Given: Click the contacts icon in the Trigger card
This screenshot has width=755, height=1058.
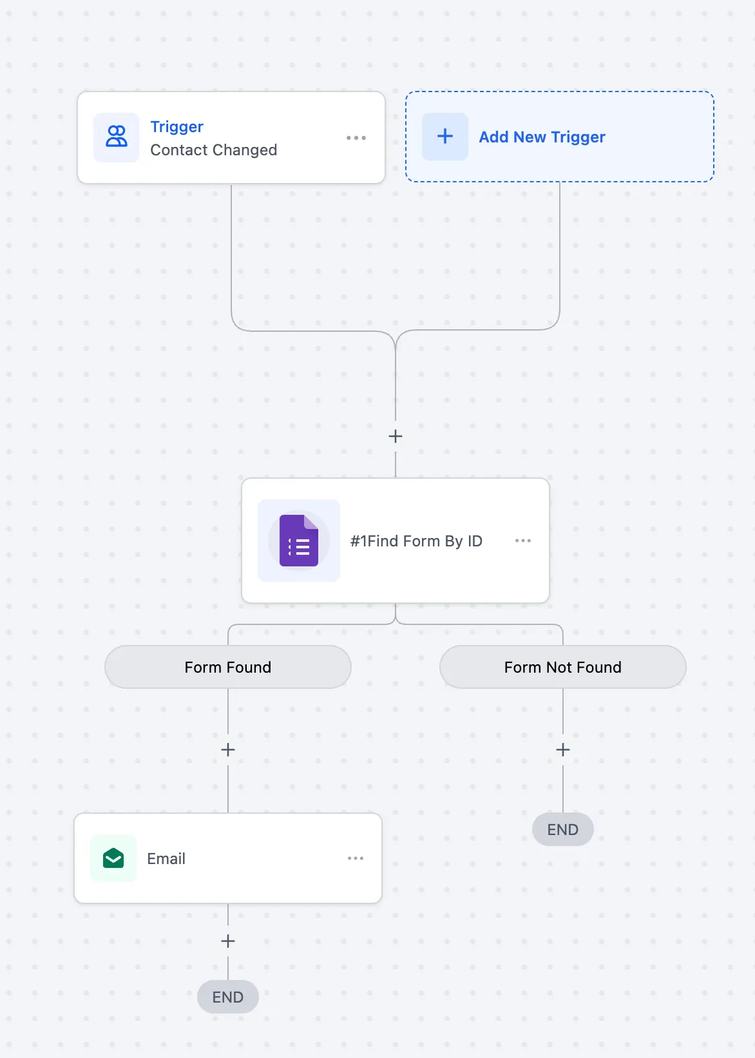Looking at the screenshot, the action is tap(116, 137).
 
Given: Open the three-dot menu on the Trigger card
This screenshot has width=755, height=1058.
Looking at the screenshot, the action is tap(356, 138).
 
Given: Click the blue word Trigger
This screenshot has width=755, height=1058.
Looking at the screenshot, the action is tap(177, 126).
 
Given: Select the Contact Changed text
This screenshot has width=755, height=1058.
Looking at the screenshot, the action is tap(213, 149).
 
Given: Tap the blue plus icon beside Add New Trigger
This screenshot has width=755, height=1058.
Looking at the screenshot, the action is tap(444, 137).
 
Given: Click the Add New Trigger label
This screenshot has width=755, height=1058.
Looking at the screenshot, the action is tap(542, 137).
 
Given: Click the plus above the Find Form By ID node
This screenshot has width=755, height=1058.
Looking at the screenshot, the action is tap(395, 436).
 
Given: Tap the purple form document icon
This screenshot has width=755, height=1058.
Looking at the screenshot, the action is tap(298, 541).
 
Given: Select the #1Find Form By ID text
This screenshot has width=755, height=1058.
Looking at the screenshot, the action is tap(416, 541).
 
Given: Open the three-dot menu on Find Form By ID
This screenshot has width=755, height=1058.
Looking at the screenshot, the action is tap(522, 541).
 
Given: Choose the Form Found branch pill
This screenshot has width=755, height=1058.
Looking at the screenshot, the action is tap(228, 667).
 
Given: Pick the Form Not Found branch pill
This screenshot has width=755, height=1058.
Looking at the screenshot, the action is tap(563, 667).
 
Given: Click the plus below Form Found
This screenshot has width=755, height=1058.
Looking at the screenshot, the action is tap(228, 749).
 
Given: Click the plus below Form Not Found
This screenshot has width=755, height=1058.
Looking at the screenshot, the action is tap(563, 749).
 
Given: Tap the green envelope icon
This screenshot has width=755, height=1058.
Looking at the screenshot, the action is tap(113, 858).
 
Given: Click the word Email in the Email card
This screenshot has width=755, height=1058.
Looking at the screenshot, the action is tap(166, 859).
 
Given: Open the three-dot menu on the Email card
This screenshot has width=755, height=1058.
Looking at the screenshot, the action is tap(356, 858).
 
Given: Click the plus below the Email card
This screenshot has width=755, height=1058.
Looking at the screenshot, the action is tap(228, 941).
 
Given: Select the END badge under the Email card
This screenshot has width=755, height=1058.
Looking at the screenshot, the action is tap(228, 997).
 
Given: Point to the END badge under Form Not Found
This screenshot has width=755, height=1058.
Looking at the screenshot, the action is tap(563, 829).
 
